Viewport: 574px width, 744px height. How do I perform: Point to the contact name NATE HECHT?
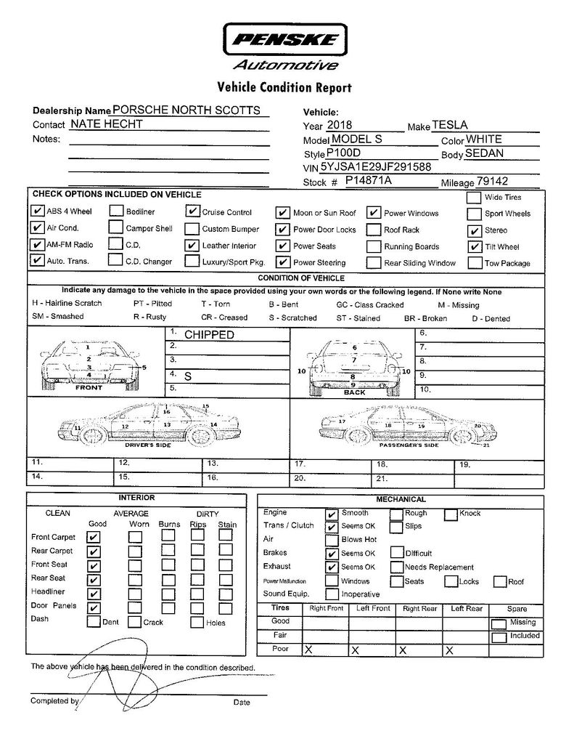pos(111,124)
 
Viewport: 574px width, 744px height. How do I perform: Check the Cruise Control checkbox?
pos(192,212)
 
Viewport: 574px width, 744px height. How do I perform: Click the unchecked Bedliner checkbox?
pos(116,212)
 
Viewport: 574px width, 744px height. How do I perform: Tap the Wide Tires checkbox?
pos(473,198)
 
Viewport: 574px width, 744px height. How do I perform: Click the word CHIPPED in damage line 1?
pos(209,335)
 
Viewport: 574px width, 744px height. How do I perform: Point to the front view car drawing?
pos(89,361)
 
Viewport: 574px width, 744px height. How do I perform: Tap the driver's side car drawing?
pos(145,424)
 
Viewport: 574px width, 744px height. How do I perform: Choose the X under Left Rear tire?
pos(450,650)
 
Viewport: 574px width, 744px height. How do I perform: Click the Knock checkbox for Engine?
pos(451,514)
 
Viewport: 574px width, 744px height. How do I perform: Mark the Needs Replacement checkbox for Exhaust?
pos(397,567)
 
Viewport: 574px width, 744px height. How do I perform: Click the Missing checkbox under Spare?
pos(499,623)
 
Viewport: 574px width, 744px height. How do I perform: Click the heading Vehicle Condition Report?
pos(284,88)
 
